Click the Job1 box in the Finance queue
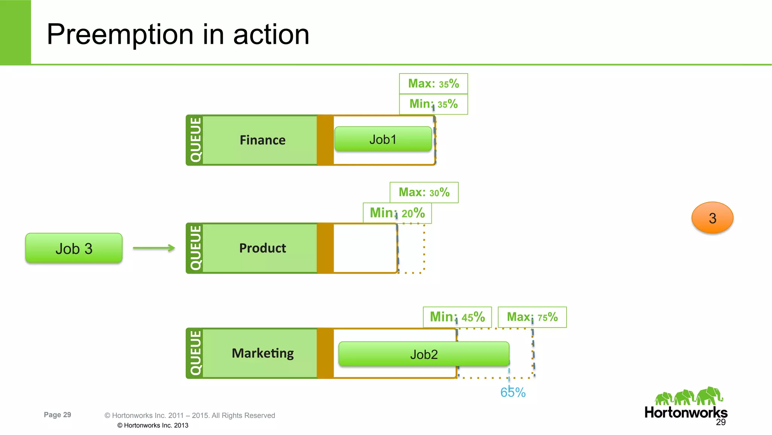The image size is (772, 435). [x=383, y=139]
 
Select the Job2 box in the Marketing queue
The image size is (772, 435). [x=424, y=354]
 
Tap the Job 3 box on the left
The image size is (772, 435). [x=74, y=248]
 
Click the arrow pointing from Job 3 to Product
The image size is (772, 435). [x=154, y=248]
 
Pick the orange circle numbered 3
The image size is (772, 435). [x=712, y=218]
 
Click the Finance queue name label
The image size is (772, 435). [x=262, y=140]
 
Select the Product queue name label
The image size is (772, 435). [x=262, y=248]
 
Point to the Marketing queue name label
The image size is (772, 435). [x=262, y=353]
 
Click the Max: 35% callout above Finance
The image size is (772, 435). [x=433, y=83]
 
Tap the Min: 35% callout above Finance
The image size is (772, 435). [x=433, y=104]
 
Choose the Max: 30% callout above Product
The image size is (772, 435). [x=424, y=192]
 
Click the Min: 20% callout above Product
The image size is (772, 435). [x=397, y=213]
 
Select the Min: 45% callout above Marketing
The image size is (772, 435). [x=457, y=317]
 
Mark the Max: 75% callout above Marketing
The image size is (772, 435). [x=532, y=317]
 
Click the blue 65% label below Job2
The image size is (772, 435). [x=513, y=392]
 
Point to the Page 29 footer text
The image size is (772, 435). [x=57, y=415]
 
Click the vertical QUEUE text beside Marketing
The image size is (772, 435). [x=195, y=353]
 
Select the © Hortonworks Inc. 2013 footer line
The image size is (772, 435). [x=153, y=425]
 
